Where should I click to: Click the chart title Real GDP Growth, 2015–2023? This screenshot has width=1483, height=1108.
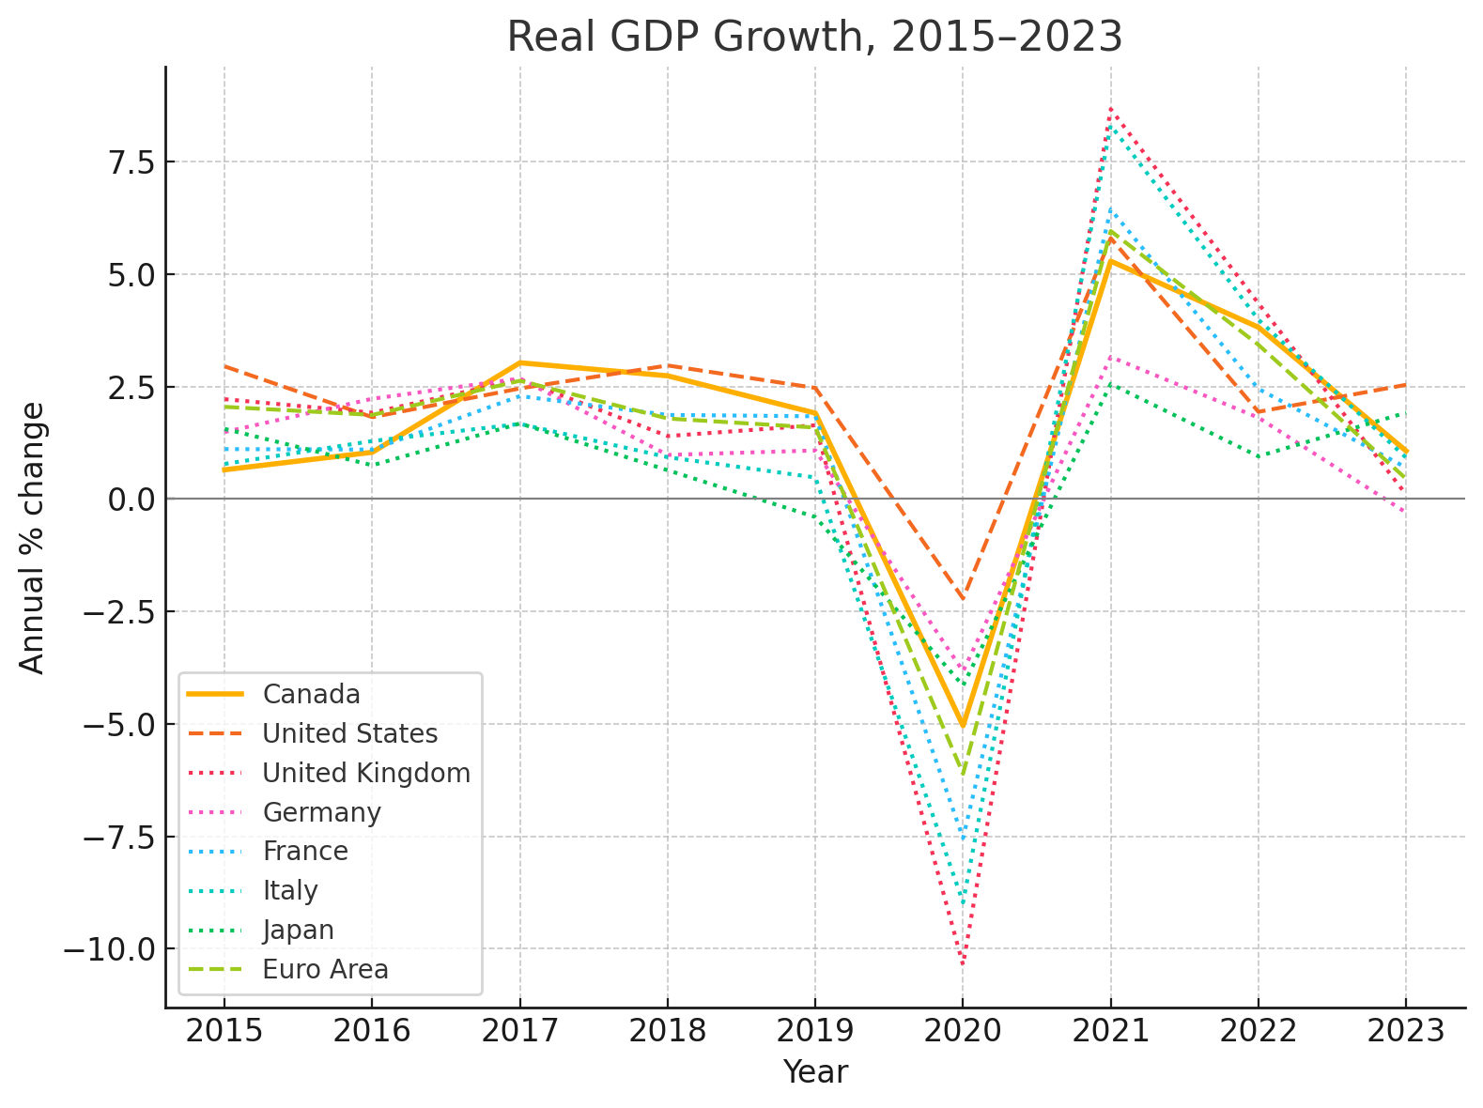[x=814, y=38]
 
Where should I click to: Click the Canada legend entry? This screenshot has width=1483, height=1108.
[x=311, y=695]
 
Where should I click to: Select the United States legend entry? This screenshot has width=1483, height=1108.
[x=349, y=733]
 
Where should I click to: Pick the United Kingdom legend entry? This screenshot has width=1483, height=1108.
[x=366, y=773]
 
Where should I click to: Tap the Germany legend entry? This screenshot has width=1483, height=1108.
[x=321, y=812]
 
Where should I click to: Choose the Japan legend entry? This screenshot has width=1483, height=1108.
[x=298, y=930]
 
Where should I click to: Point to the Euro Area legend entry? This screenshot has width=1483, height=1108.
[x=325, y=969]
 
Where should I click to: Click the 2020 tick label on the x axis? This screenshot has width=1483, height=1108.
[x=963, y=1031]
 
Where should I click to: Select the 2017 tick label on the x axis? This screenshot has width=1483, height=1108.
[x=519, y=1031]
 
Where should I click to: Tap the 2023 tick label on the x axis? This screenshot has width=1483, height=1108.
[x=1405, y=1031]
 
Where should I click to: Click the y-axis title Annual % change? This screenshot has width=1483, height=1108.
[x=33, y=537]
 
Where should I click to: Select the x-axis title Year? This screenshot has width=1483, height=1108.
[x=814, y=1072]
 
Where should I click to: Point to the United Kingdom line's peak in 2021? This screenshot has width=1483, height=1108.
[x=1110, y=109]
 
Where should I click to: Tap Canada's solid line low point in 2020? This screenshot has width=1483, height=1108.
[x=963, y=726]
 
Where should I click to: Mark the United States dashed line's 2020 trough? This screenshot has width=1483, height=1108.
[x=963, y=598]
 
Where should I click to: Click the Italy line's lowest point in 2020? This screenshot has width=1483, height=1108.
[x=963, y=902]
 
